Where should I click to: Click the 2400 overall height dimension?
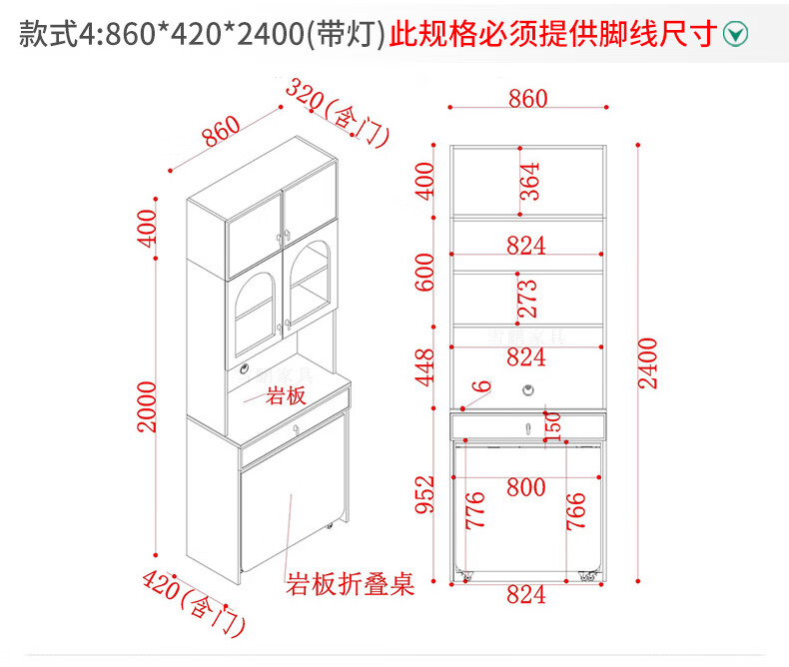647,362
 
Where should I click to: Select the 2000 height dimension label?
148,405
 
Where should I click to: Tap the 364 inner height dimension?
530,181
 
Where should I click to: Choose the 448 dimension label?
425,367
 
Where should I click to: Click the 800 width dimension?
525,488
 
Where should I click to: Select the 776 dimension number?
476,510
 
